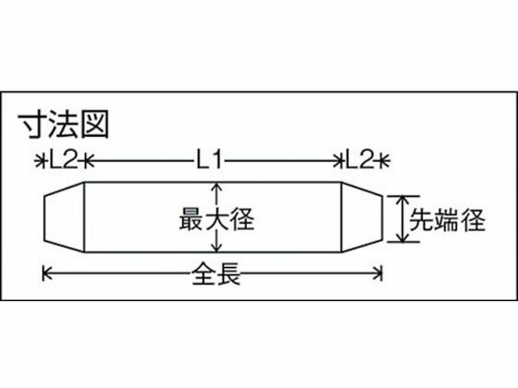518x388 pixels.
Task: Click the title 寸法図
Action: [63, 125]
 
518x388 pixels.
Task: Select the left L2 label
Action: [64, 162]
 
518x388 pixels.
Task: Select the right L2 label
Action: [360, 162]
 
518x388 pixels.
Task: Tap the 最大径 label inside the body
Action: [216, 218]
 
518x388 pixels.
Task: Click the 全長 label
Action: [216, 273]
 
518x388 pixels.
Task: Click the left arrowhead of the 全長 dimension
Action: [46, 273]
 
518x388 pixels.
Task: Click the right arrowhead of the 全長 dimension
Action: [378, 273]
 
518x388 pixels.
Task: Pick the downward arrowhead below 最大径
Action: [216, 248]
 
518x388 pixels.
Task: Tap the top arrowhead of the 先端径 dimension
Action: [402, 200]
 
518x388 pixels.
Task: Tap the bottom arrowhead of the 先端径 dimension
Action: [402, 238]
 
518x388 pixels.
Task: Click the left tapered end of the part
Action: [64, 217]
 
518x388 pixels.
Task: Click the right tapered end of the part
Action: [362, 217]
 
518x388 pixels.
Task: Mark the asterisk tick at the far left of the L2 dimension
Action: [40, 162]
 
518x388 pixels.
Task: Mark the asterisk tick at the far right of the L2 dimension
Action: [384, 162]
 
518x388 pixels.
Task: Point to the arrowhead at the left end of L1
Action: [89, 162]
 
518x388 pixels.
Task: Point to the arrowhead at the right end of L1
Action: [337, 162]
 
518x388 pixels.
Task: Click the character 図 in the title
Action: [95, 125]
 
